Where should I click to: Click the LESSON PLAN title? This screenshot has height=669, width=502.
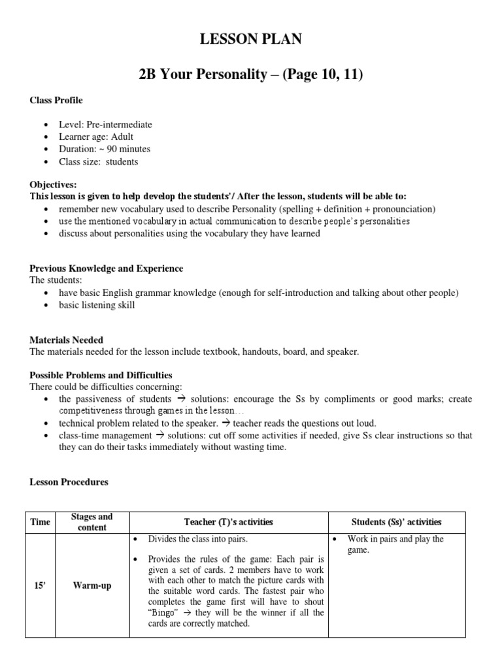(x=251, y=40)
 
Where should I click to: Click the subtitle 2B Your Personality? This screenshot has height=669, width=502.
(x=250, y=75)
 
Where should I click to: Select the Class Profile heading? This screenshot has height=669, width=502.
(x=56, y=101)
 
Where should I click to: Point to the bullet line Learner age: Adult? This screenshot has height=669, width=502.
(x=96, y=137)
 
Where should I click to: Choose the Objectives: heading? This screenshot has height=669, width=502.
(x=54, y=185)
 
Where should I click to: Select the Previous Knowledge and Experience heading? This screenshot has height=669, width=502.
(x=107, y=269)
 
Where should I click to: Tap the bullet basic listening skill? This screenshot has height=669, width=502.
(x=97, y=305)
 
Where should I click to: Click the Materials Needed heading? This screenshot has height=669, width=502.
(x=67, y=340)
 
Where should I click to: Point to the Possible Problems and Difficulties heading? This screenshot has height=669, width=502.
(x=101, y=375)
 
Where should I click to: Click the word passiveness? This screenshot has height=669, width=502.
(x=102, y=399)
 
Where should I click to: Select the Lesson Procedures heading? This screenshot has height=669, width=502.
(x=69, y=482)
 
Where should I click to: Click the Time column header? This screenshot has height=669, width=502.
(x=40, y=522)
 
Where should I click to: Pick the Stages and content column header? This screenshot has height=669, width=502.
(x=92, y=522)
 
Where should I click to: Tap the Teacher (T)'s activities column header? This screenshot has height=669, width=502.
(x=228, y=522)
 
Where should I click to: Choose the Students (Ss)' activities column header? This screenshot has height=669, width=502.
(x=397, y=522)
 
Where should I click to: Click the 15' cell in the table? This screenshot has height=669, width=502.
(x=40, y=585)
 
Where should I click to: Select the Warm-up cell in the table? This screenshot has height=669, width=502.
(x=92, y=585)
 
